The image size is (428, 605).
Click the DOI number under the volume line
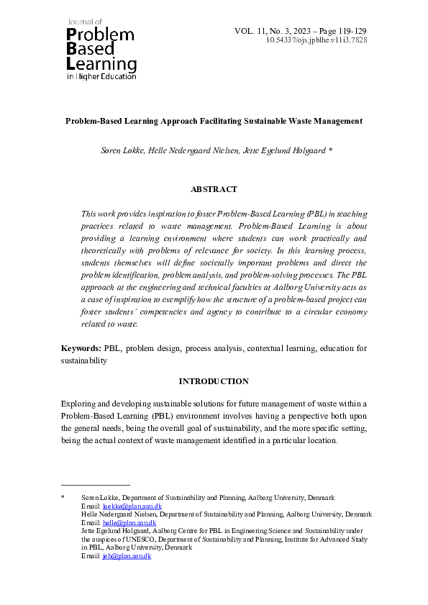coord(317,41)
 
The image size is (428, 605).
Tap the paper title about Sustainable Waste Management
coord(214,121)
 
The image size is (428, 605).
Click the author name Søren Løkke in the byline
coord(123,152)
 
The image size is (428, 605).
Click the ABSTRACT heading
coord(214,189)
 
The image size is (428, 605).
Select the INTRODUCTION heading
coord(214,381)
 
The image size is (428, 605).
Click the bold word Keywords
coord(81,348)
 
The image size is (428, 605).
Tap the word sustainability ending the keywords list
coord(83,361)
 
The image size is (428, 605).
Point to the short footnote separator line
coord(95,486)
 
